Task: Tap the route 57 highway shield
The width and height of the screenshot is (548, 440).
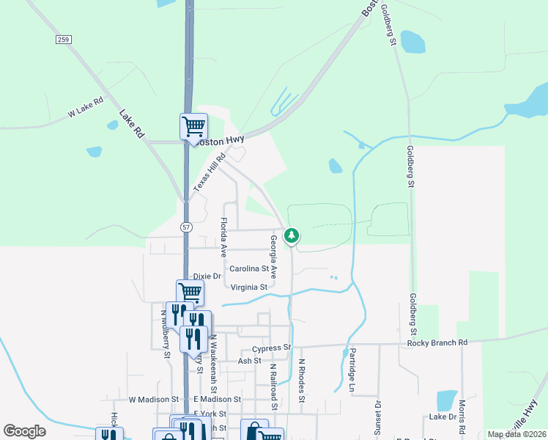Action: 186,228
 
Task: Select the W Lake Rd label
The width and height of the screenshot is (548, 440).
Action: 85,108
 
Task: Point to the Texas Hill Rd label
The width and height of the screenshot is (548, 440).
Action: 210,173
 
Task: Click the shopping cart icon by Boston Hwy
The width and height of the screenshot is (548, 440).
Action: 193,125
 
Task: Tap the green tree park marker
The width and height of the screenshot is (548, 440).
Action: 292,235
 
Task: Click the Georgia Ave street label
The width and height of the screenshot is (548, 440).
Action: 273,256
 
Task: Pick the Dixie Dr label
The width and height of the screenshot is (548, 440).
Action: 207,276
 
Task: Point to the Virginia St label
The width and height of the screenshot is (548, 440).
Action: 249,287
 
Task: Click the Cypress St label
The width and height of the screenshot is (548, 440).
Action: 272,348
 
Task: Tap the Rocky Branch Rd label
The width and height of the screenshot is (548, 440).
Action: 437,342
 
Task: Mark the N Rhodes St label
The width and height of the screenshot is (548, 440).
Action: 301,375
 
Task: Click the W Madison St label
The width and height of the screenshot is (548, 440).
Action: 154,400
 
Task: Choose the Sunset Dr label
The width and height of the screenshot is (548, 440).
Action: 378,418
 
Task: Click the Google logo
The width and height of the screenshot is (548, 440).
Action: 24,431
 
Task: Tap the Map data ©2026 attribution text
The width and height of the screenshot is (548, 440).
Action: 516,434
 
